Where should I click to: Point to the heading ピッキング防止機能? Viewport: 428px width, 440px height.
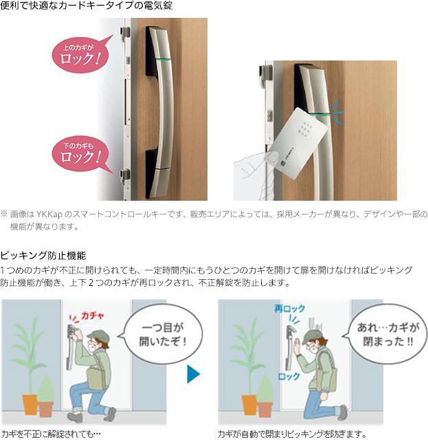point(43,254)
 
